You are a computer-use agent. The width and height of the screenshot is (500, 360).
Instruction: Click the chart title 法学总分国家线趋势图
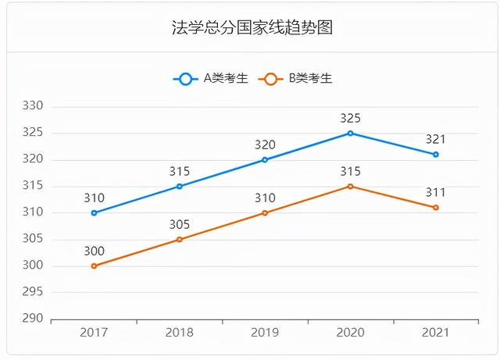coord(252,28)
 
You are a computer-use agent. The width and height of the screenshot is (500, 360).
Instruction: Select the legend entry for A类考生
coord(211,78)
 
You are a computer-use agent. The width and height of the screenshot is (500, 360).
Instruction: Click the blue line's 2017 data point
coord(94,212)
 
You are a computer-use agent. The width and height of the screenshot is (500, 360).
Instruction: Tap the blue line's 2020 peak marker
coord(350,133)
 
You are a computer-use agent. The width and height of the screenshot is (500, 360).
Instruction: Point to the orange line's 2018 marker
coord(179,239)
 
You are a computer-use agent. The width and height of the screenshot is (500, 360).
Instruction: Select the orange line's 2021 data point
coord(436,208)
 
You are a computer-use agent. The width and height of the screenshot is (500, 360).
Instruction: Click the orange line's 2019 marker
coord(265,212)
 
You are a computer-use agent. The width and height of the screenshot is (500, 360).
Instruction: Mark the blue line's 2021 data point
coord(436,155)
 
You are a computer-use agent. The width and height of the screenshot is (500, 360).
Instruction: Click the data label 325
coord(350,119)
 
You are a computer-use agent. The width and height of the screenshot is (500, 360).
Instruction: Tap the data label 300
coord(94,251)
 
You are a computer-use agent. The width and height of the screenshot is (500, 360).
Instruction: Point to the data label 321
coord(436,140)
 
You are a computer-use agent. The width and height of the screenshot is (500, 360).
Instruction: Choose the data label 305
coord(179,225)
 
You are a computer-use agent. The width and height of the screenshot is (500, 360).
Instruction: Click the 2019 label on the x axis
coord(265,333)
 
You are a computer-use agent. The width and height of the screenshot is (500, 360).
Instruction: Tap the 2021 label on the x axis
coord(436,333)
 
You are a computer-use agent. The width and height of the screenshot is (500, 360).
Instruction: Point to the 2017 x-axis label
coord(94,333)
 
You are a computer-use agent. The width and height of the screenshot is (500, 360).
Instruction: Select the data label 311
coord(436,193)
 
